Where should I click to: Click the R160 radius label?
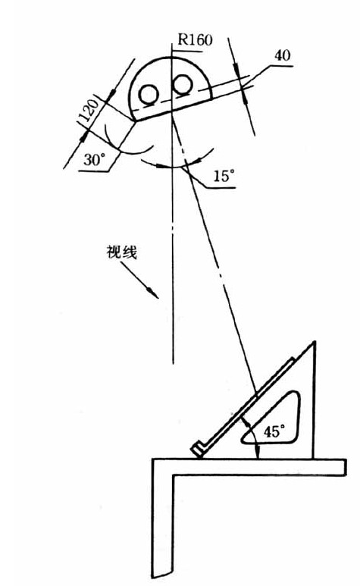pyautogui.click(x=195, y=39)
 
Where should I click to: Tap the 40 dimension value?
pyautogui.click(x=282, y=55)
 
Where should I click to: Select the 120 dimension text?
pyautogui.click(x=89, y=111)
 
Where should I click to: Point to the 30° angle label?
pyautogui.click(x=92, y=160)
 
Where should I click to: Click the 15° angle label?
pyautogui.click(x=224, y=176)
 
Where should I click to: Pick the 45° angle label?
pyautogui.click(x=274, y=431)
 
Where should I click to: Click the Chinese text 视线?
pyautogui.click(x=122, y=252)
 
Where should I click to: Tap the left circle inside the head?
pyautogui.click(x=149, y=94)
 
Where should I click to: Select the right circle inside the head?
pyautogui.click(x=183, y=84)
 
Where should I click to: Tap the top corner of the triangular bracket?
pyautogui.click(x=315, y=342)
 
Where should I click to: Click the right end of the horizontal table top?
pyautogui.click(x=346, y=467)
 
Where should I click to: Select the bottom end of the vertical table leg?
pyautogui.click(x=162, y=575)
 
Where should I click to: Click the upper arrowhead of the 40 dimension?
pyautogui.click(x=236, y=70)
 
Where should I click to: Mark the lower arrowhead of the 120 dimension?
pyautogui.click(x=84, y=136)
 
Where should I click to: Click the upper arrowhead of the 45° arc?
pyautogui.click(x=245, y=421)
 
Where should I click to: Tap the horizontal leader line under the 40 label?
pyautogui.click(x=280, y=67)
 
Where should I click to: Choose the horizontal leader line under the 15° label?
pyautogui.click(x=221, y=187)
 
